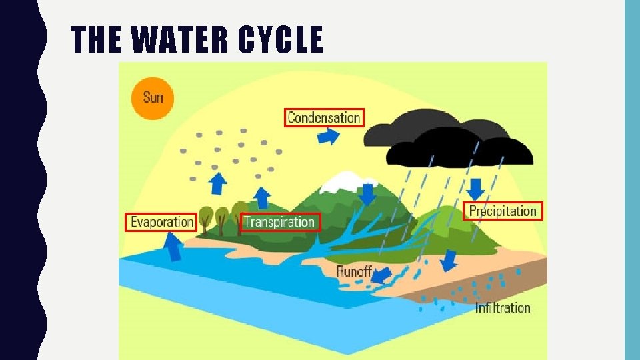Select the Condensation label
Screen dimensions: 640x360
(324, 118)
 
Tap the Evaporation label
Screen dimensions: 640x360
(161, 222)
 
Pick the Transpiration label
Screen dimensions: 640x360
(279, 222)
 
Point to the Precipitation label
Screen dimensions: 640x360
(503, 211)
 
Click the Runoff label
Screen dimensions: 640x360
(353, 271)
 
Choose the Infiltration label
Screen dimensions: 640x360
(503, 307)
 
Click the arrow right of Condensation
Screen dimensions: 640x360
(328, 137)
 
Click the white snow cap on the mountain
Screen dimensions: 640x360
(345, 179)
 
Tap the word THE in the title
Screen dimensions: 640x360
(96, 41)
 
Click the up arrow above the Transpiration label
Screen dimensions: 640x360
(263, 197)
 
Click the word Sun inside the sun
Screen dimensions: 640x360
(153, 97)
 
